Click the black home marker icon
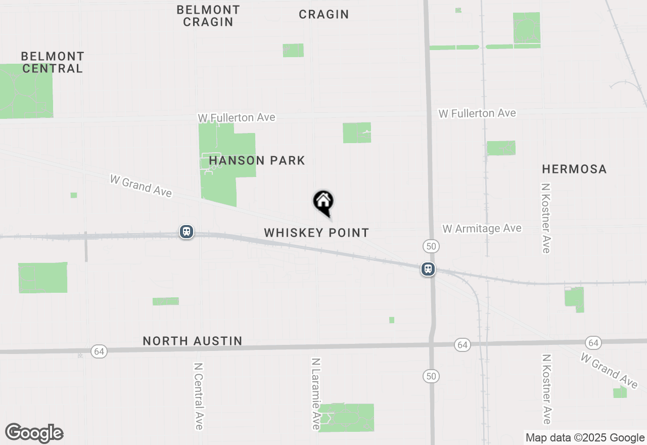323,202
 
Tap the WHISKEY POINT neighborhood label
316,233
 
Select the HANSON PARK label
257,161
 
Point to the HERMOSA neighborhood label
574,169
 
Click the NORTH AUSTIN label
192,341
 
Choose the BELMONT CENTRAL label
53,62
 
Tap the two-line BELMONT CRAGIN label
208,16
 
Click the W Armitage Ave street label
482,229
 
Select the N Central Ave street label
198,395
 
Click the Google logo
34,433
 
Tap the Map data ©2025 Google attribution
585,438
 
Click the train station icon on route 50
428,269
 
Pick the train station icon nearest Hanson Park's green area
187,232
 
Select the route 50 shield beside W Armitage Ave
431,246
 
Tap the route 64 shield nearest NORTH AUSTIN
99,351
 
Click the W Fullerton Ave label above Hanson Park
237,118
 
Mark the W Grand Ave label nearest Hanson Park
141,186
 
